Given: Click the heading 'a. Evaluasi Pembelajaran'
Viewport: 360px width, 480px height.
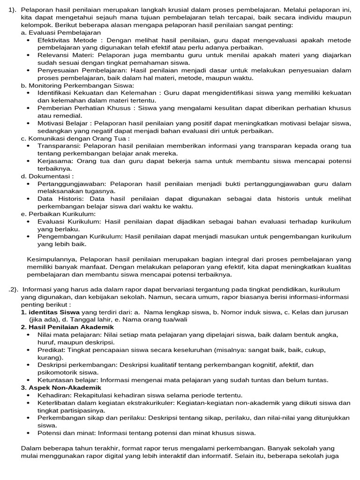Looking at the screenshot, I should pyautogui.click(x=61, y=33).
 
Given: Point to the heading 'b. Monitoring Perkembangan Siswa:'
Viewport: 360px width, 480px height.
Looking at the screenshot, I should pyautogui.click(x=77, y=86).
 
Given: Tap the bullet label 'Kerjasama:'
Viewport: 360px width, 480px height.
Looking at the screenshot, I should pyautogui.click(x=55, y=161).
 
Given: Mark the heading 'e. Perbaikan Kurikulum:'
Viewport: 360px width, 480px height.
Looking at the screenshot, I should pyautogui.click(x=58, y=214).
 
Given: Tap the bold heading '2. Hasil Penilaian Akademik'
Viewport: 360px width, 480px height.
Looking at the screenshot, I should pyautogui.click(x=67, y=327).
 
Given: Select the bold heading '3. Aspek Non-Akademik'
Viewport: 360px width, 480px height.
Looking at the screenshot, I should pyautogui.click(x=61, y=388).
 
